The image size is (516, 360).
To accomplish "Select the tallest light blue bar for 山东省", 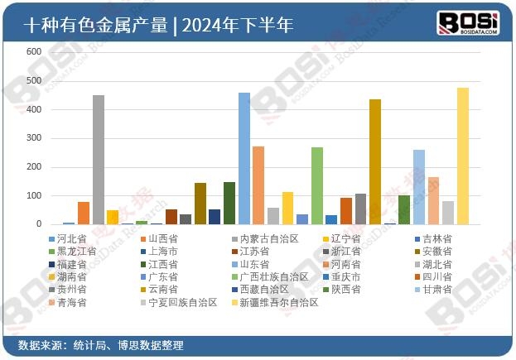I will click(x=244, y=158).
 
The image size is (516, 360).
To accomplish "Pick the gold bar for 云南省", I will click(x=375, y=161).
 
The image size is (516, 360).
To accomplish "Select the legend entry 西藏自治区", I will click(x=264, y=290).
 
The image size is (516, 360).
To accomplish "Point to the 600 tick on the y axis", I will click(x=34, y=51).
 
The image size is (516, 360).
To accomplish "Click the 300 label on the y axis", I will click(x=34, y=138).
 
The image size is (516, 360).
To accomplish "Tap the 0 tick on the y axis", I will click(x=38, y=224).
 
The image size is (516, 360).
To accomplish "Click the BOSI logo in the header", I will click(x=467, y=22).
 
